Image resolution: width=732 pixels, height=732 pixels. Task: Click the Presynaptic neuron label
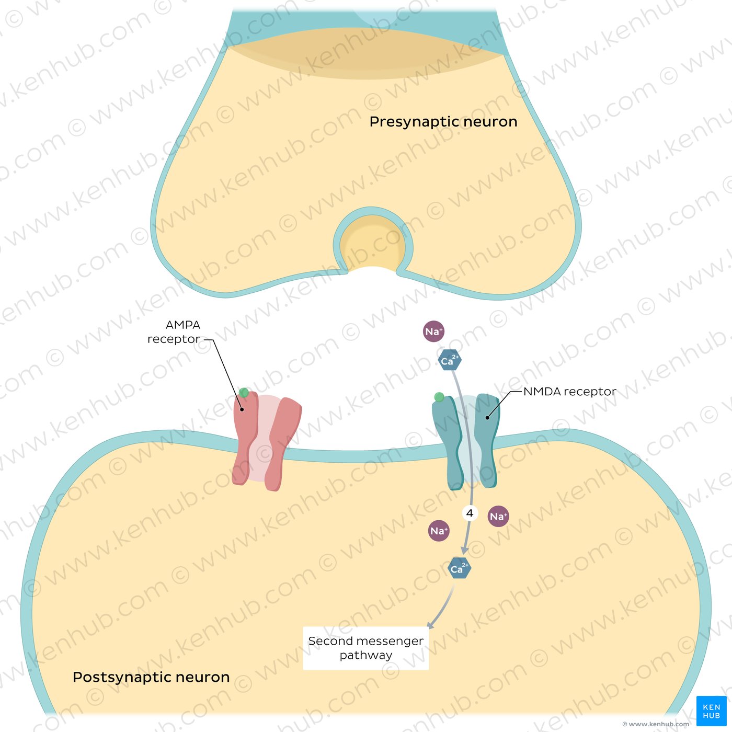click(x=443, y=122)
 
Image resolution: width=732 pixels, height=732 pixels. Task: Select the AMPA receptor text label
click(x=174, y=331)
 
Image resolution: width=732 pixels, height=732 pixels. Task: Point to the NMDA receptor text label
click(x=569, y=391)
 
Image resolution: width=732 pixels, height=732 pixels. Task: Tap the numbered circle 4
click(x=470, y=513)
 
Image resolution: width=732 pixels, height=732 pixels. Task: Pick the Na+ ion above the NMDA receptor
click(x=433, y=331)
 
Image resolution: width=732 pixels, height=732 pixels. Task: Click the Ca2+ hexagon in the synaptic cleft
click(x=450, y=360)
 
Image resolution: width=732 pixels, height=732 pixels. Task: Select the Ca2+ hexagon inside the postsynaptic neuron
click(x=460, y=568)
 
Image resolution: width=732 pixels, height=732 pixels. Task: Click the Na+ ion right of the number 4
click(x=498, y=516)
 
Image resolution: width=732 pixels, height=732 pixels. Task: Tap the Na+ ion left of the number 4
click(x=439, y=531)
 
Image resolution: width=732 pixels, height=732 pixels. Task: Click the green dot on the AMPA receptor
click(x=244, y=393)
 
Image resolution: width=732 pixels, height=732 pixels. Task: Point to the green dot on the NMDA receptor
click(x=439, y=397)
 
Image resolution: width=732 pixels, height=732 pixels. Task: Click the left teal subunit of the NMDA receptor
click(x=448, y=443)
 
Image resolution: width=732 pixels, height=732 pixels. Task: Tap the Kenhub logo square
click(x=711, y=711)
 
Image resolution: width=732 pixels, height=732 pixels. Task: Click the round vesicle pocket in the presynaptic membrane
click(x=373, y=243)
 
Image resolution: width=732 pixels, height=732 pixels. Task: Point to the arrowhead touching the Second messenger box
click(x=430, y=625)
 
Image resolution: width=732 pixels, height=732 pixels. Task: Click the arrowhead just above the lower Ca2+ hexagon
click(x=464, y=550)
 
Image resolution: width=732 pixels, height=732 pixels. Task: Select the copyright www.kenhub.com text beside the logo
click(x=655, y=724)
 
